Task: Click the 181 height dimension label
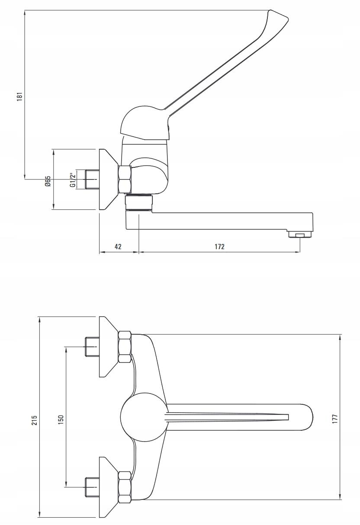19,96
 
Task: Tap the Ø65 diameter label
48,180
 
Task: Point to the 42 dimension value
118,246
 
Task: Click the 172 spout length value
219,246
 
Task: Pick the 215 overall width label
35,420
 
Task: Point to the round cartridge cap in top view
143,418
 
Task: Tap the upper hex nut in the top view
125,347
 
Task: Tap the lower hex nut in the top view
125,486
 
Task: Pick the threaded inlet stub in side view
92,179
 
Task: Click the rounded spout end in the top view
308,418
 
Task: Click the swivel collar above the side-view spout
139,202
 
